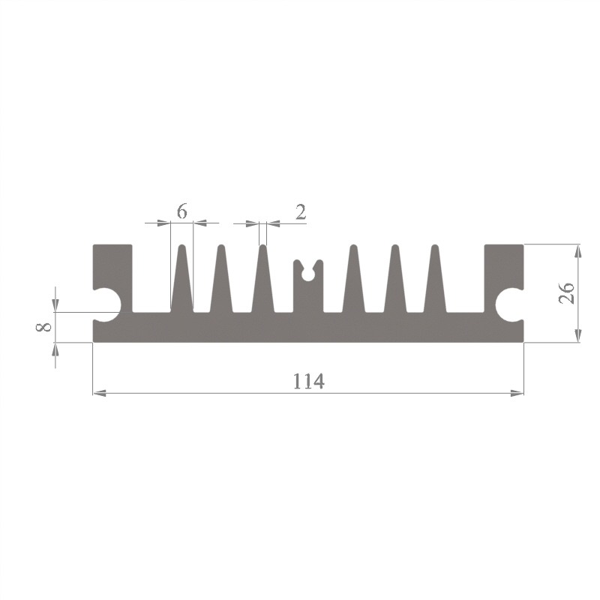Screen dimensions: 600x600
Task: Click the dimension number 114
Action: coord(309,381)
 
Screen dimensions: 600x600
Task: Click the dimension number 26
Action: coord(567,292)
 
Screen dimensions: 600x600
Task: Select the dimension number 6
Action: coord(182,211)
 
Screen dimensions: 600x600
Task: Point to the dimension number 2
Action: coord(301,212)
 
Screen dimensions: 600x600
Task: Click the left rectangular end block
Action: coord(113,267)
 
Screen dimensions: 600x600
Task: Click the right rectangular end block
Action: coord(504,267)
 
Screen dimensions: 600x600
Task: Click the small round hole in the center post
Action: coord(307,274)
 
